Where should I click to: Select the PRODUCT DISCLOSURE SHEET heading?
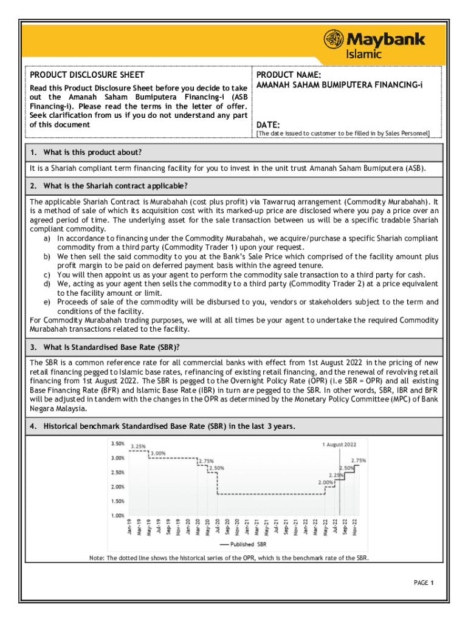pyautogui.click(x=87, y=75)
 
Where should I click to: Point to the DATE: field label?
pyautogui.click(x=267, y=125)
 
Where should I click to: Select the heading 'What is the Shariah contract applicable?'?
pyautogui.click(x=108, y=185)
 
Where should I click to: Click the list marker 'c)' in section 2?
pyautogui.click(x=47, y=274)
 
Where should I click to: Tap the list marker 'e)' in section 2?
pyautogui.click(x=47, y=302)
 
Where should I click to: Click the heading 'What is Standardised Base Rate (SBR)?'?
pyautogui.click(x=103, y=347)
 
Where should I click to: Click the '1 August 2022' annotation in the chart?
pyautogui.click(x=339, y=444)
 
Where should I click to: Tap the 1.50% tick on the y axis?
pyautogui.click(x=117, y=501)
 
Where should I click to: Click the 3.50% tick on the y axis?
pyautogui.click(x=117, y=443)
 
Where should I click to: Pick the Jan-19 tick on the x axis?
pyautogui.click(x=129, y=527)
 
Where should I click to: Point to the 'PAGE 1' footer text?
pyautogui.click(x=423, y=583)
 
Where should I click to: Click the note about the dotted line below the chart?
pyautogui.click(x=229, y=558)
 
